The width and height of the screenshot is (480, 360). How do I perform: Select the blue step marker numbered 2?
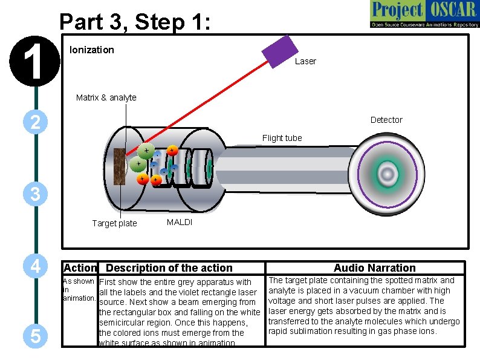coord(36,122)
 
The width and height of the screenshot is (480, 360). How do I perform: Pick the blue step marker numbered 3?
coord(36,194)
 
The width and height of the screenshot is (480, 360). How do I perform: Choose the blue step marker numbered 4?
coord(36,266)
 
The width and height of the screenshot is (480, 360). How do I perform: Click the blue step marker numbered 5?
coord(36,336)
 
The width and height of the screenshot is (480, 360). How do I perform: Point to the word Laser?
coord(305,61)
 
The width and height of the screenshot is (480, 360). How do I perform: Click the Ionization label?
coord(92,50)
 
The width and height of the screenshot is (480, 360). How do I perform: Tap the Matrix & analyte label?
coord(106,97)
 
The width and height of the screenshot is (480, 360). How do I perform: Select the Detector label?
coord(386,120)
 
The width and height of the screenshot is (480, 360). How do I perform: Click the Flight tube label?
coord(282,138)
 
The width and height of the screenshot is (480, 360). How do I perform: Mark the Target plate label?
coord(114,223)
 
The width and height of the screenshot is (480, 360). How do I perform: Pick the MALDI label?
coord(180,222)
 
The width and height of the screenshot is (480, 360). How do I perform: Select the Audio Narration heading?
coord(375,268)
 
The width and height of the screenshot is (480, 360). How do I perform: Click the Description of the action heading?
coord(169,268)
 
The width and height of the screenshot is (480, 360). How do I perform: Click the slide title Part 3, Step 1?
coord(135,22)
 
